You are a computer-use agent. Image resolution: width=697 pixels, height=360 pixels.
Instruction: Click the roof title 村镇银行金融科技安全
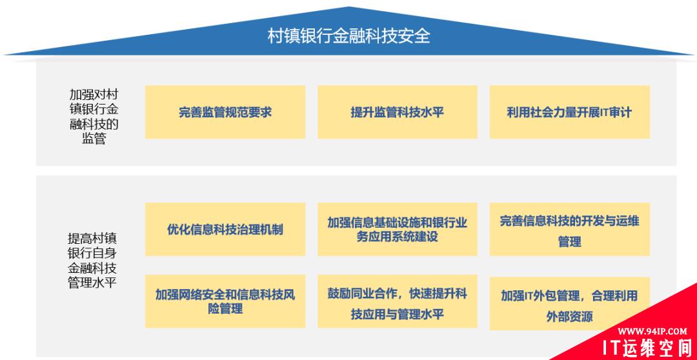tap(349, 36)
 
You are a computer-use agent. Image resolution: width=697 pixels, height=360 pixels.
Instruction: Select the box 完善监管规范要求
tap(225, 112)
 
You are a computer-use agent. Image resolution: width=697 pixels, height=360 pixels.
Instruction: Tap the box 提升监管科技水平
tap(398, 112)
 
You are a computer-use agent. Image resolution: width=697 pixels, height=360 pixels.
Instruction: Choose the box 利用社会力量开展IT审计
tap(569, 112)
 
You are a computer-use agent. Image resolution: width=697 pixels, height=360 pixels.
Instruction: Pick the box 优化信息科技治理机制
tap(225, 229)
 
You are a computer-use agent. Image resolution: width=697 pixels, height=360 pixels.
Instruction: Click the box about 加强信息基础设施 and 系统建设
tap(398, 229)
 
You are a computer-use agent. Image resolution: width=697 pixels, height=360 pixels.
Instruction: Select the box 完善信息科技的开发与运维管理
tap(569, 229)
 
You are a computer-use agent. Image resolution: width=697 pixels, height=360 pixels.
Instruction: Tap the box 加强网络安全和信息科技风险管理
tap(225, 301)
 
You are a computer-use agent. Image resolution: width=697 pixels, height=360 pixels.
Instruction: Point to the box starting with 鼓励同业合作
tap(398, 301)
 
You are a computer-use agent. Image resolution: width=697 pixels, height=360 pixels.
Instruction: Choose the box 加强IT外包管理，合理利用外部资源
tap(569, 303)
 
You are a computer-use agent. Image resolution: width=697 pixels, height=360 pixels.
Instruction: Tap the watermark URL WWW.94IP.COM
tap(652, 331)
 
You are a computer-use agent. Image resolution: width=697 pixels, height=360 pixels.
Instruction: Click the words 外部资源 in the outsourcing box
tap(569, 317)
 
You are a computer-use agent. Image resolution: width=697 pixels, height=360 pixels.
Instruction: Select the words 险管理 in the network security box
tap(225, 309)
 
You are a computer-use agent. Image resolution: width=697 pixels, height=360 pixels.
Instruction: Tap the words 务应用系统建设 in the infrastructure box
tap(398, 237)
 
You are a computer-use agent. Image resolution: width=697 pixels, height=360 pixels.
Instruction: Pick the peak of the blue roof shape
tap(349, 7)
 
